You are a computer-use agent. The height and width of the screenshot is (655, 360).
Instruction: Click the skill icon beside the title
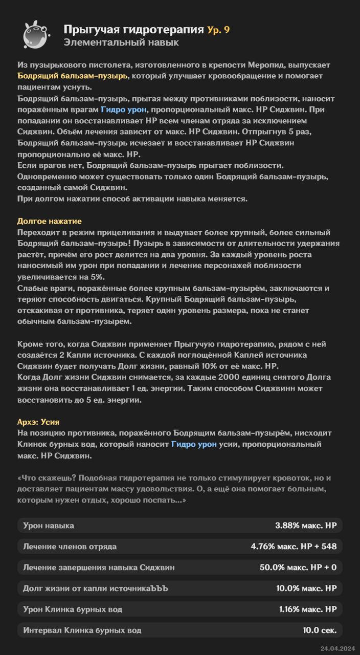point(36,35)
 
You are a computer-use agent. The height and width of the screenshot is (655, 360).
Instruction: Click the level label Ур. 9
point(218,30)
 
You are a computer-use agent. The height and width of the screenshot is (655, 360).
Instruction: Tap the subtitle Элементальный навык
point(121,42)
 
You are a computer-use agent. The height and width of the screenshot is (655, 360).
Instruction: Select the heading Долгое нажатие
point(50,221)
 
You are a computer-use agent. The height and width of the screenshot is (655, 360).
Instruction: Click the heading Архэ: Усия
point(38,422)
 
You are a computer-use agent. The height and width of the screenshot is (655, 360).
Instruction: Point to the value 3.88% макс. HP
point(306,526)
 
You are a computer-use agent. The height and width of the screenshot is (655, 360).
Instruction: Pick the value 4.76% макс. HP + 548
point(294,547)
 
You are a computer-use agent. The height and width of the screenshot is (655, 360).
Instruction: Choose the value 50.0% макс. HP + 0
point(298,567)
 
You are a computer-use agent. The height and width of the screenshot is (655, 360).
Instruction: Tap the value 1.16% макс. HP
point(308,609)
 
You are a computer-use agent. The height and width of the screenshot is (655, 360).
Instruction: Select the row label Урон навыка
point(49,526)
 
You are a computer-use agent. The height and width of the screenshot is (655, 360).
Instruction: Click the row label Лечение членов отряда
point(70,547)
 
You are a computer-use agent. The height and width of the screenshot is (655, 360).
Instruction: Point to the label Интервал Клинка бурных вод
point(82,630)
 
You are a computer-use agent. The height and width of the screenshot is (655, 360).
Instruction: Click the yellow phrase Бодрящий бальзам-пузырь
point(72,76)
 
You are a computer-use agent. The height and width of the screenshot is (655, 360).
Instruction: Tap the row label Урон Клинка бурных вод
point(73,609)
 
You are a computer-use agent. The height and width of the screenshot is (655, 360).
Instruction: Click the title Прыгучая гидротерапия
point(133,30)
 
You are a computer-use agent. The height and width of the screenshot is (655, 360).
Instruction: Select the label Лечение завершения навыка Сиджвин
point(99,567)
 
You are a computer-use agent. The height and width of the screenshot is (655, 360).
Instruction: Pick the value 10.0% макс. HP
point(306,588)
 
